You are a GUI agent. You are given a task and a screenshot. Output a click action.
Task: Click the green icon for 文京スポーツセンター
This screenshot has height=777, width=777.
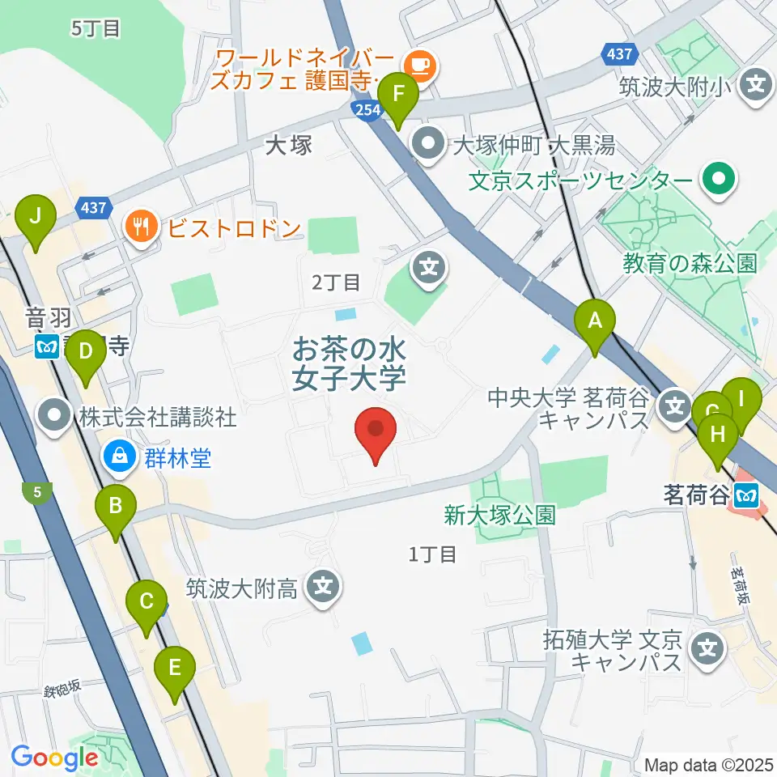click(717, 178)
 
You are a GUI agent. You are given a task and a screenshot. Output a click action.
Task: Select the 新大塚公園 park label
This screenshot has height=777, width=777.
click(499, 515)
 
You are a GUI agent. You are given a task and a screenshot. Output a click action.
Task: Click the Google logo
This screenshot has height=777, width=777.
click(54, 758)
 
